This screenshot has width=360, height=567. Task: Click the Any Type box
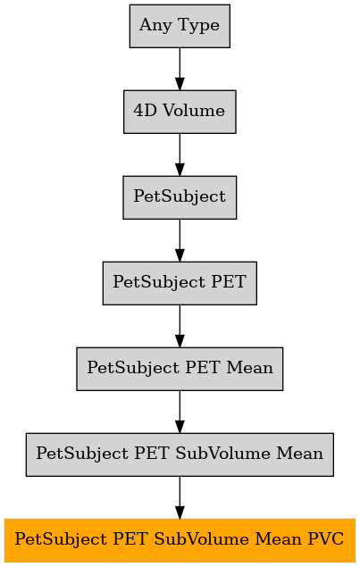point(180,26)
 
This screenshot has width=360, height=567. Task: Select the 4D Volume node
point(180,112)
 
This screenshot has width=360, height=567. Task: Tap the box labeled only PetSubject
point(180,197)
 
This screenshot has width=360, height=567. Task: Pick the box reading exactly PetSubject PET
point(180,283)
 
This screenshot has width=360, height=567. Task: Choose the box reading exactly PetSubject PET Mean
point(180,369)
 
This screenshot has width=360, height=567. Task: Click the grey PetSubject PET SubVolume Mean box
point(180,454)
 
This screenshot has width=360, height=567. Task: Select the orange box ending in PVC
point(180,540)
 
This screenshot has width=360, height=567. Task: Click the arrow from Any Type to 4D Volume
point(180,69)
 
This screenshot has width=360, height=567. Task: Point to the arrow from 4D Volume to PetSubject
point(180,154)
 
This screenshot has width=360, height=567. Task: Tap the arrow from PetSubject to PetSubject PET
point(180,240)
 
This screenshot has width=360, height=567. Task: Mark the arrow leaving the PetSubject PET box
point(180,326)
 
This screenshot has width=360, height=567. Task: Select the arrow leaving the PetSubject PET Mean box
point(180,412)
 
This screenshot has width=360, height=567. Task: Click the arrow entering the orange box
point(180,497)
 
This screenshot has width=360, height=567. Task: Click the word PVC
point(326,539)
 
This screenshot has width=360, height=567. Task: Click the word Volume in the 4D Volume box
point(194,111)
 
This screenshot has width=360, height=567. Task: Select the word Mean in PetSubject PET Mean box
point(249,368)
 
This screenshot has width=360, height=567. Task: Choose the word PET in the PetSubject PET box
point(229,282)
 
